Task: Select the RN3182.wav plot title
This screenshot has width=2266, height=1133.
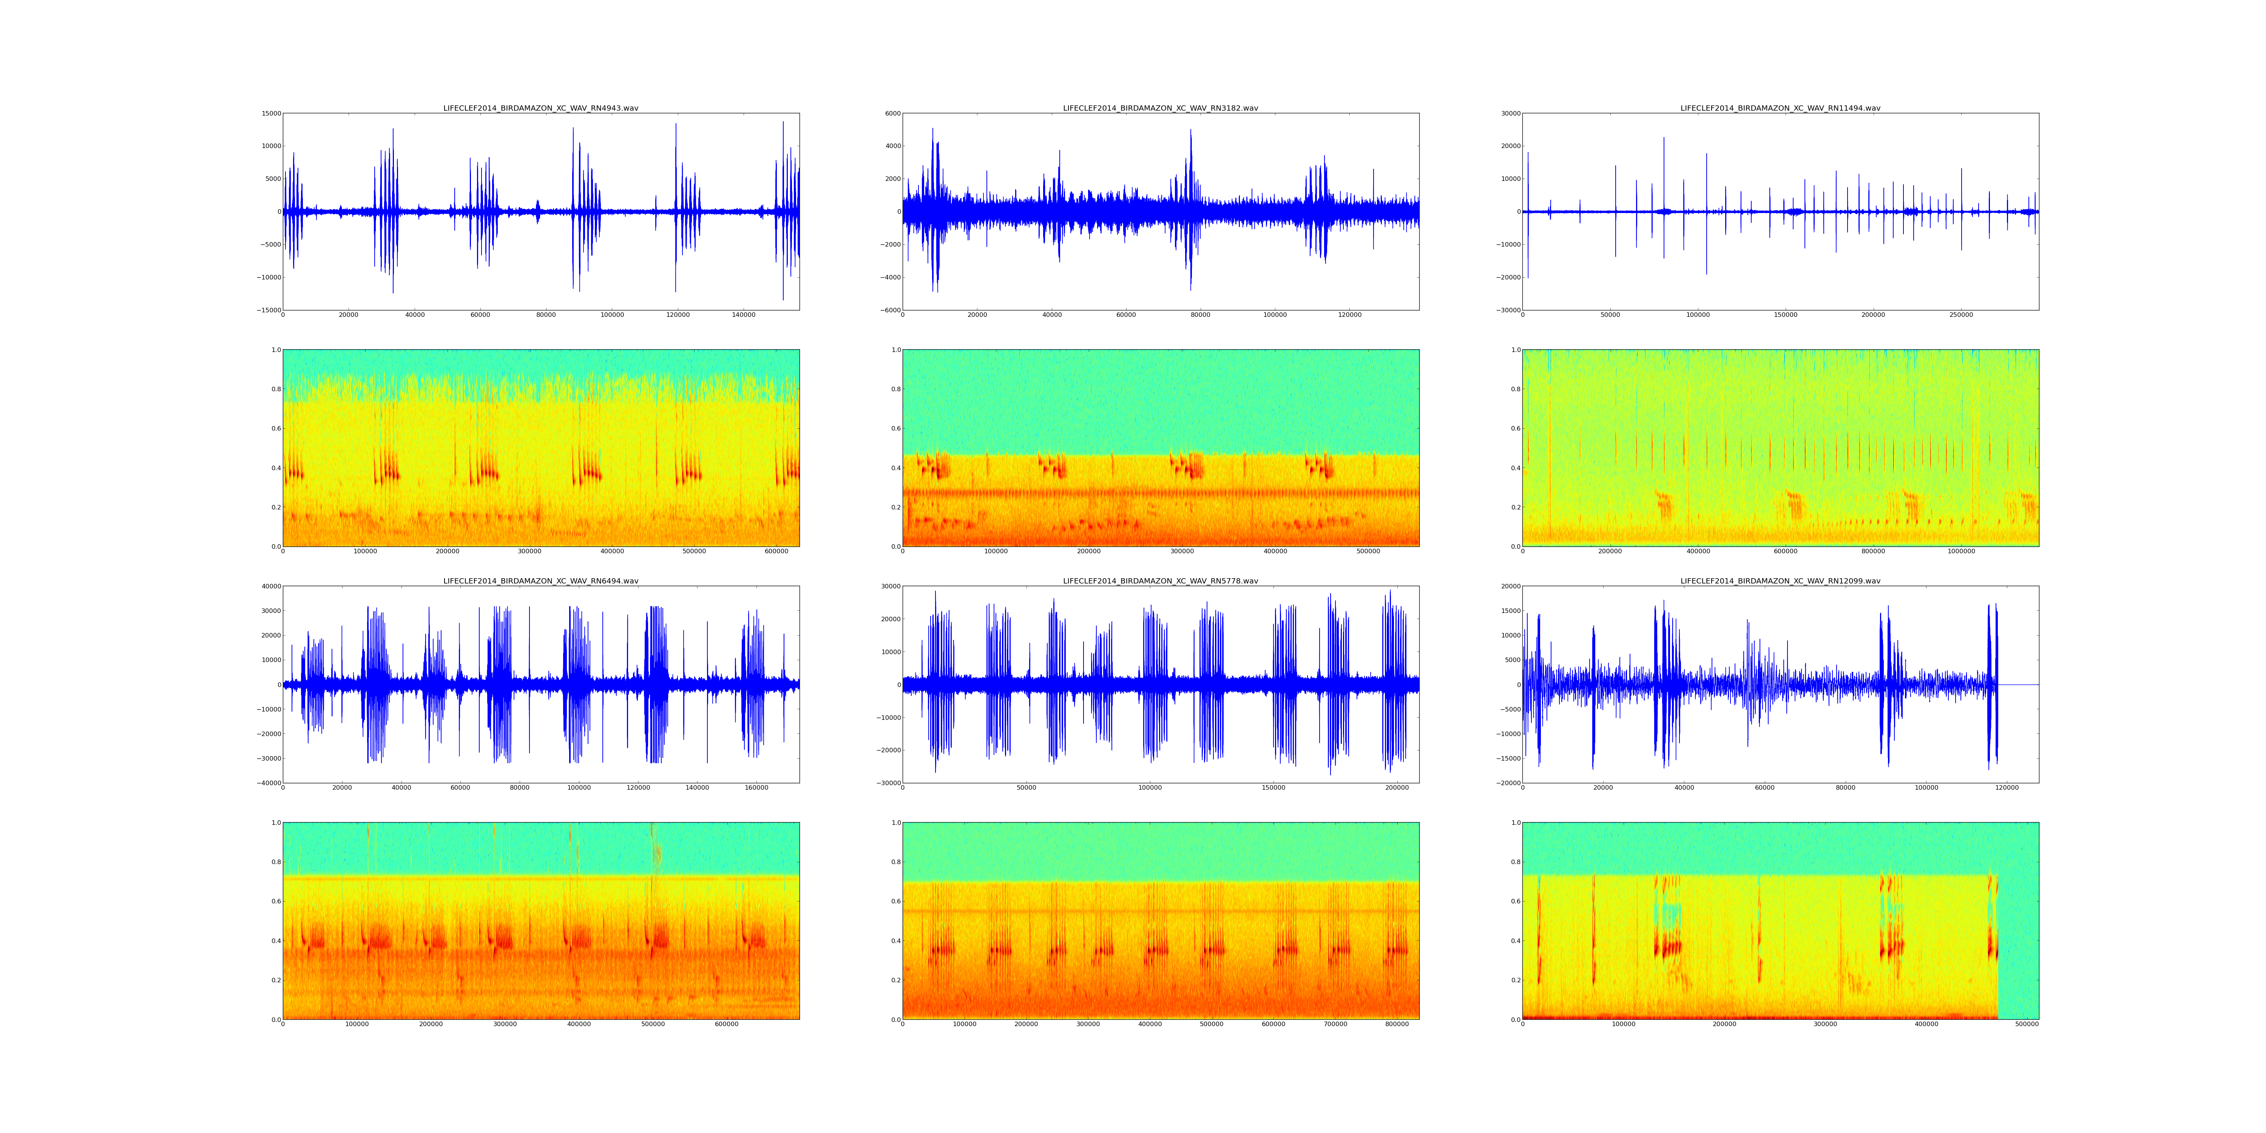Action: (x=1160, y=108)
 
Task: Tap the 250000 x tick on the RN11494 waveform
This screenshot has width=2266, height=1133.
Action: (x=1961, y=315)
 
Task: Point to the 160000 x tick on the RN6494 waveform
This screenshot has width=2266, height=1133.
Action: (x=756, y=788)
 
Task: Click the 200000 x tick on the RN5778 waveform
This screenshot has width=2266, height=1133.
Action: (x=1397, y=788)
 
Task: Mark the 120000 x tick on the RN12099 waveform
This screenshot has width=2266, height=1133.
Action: (x=2007, y=788)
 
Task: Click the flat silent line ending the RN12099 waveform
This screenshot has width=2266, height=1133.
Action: (x=2019, y=684)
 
